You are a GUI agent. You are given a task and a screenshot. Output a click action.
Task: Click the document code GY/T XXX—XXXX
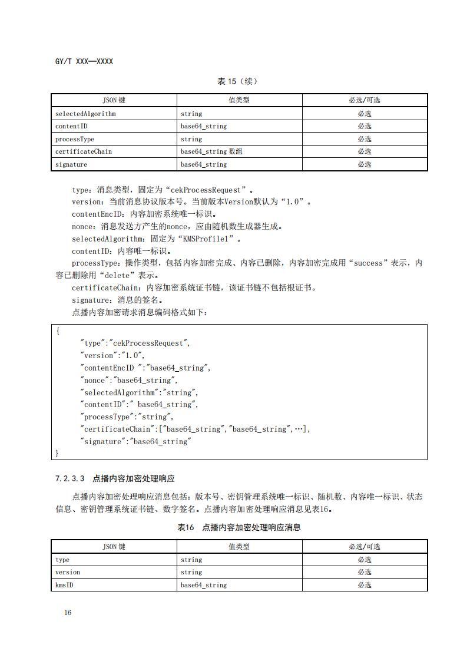point(84,61)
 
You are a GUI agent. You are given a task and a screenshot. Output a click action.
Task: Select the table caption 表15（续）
point(237,81)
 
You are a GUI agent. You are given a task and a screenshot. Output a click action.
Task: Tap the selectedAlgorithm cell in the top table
point(85,114)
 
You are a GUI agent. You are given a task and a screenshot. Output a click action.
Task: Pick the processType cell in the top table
point(75,139)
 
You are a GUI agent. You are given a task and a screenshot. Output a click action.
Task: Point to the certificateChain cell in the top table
point(84,151)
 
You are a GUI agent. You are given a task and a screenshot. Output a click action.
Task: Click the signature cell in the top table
point(71,164)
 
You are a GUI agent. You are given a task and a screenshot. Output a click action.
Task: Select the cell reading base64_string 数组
point(211,151)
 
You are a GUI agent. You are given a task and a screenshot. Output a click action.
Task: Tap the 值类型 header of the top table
point(239,100)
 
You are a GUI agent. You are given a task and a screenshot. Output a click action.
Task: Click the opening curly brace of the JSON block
point(58,331)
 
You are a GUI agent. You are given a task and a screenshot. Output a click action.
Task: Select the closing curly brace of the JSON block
point(58,453)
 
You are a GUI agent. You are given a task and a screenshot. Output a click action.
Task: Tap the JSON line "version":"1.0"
point(112,355)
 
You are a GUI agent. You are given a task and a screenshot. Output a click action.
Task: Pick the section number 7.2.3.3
point(70,478)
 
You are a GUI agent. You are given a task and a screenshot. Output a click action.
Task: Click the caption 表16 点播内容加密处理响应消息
point(239,527)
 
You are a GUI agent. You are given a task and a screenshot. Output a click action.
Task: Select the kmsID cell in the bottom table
point(64,585)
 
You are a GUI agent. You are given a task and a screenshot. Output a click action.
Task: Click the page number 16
point(68,613)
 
